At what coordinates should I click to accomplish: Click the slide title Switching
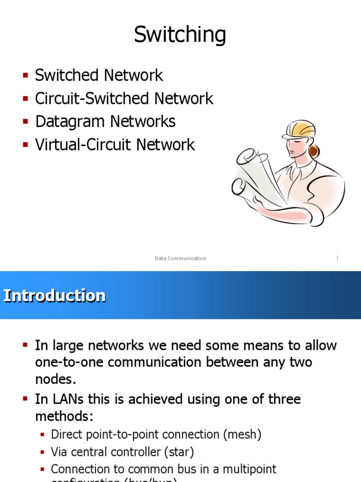point(180,35)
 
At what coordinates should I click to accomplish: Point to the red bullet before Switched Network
point(25,75)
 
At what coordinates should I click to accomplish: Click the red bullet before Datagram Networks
point(25,121)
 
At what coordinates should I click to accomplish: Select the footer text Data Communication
point(180,258)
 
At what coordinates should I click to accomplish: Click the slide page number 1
point(337,258)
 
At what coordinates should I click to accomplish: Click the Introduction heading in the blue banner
point(55,296)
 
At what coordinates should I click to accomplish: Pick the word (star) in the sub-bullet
point(179,452)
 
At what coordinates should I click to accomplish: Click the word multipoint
point(247,469)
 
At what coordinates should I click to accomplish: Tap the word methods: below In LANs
point(64,417)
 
